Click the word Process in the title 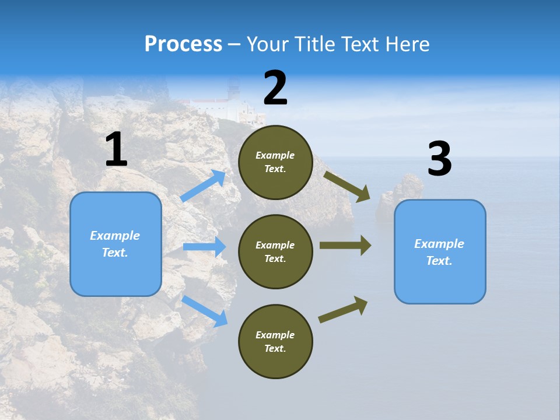[x=183, y=44]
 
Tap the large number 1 [x=116, y=150]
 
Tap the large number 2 [x=275, y=88]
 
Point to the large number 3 [x=439, y=159]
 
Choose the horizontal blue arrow [x=205, y=247]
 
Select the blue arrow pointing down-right [x=205, y=311]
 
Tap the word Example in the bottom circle [x=275, y=335]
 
